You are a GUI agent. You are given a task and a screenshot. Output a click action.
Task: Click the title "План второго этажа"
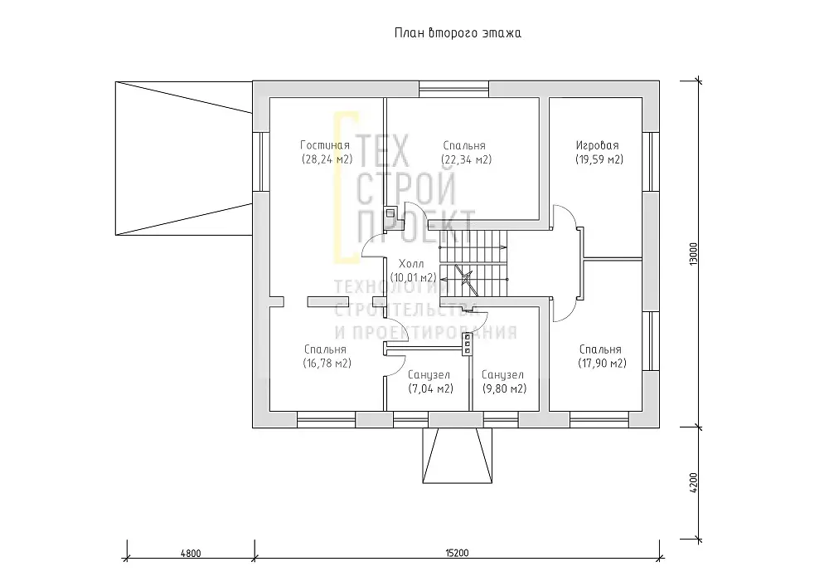458,33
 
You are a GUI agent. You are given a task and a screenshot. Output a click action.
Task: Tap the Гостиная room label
325,145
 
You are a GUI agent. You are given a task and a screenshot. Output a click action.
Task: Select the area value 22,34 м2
466,159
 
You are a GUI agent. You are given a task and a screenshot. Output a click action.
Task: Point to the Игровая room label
598,145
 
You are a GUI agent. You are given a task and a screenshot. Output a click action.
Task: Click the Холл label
411,264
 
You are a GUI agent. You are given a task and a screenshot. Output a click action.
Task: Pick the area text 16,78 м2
327,364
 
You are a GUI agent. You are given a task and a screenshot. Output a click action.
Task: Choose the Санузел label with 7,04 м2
429,375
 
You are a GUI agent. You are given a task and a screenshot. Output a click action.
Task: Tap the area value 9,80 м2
504,388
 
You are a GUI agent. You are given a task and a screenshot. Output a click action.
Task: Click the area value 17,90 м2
602,364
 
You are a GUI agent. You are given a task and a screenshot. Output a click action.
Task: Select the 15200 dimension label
457,553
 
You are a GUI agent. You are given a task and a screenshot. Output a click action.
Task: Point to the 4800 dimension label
191,553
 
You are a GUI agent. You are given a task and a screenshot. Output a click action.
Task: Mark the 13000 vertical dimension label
694,254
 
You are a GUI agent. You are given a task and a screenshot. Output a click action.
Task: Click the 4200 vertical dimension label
694,482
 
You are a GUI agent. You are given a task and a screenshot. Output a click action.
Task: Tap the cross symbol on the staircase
465,277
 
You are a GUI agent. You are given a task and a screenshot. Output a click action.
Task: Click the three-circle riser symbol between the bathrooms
468,344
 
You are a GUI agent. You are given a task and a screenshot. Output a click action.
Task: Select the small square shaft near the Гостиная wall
390,212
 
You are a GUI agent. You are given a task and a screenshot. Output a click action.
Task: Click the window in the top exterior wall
454,89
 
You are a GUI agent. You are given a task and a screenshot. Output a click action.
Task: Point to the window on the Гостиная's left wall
261,161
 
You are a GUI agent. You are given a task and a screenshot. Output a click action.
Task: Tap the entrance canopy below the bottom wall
458,455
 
